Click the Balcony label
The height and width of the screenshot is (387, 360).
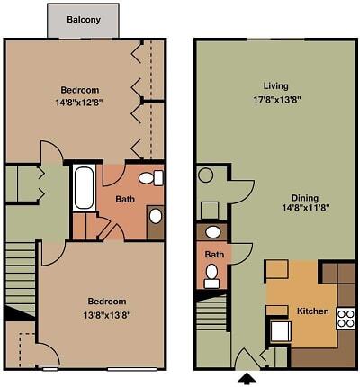pyautogui.click(x=83, y=19)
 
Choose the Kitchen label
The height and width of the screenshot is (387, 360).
pyautogui.click(x=312, y=311)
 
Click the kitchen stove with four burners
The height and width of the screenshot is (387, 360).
pyautogui.click(x=346, y=318)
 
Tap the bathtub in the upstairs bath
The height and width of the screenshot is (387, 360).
pyautogui.click(x=84, y=187)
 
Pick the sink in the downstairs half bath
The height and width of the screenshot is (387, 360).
pyautogui.click(x=212, y=232)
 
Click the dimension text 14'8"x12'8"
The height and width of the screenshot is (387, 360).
pyautogui.click(x=80, y=103)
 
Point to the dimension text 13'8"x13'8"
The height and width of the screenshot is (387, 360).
pyautogui.click(x=106, y=314)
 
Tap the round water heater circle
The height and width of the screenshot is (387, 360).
pyautogui.click(x=204, y=175)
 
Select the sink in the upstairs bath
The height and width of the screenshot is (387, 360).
pyautogui.click(x=155, y=216)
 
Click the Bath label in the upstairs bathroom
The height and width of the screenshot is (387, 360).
pyautogui.click(x=127, y=199)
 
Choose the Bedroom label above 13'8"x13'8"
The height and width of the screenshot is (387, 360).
pyautogui.click(x=106, y=301)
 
